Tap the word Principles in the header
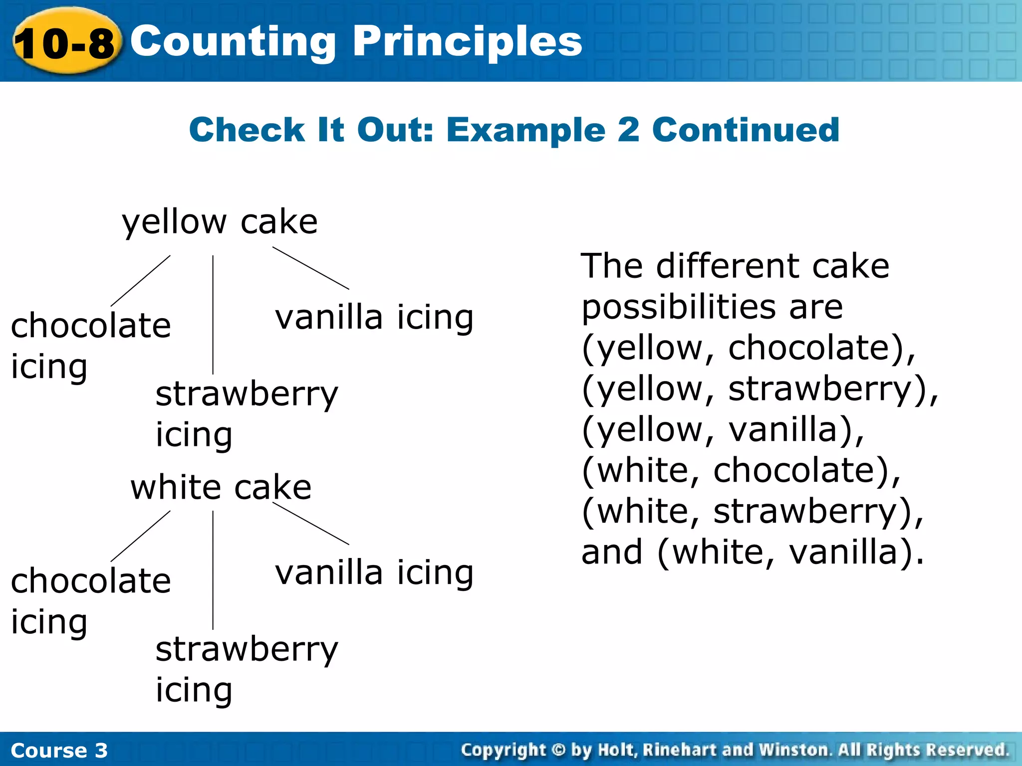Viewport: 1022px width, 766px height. pos(468,42)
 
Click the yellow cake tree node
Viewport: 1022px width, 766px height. pos(220,221)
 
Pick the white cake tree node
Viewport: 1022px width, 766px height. pos(221,487)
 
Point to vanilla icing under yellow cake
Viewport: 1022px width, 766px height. pos(374,318)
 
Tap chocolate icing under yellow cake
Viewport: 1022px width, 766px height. pos(90,345)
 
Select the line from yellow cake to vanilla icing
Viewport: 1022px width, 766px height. pos(310,268)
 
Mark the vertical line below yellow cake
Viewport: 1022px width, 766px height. pos(213,314)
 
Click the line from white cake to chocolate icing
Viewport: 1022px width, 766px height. pos(140,536)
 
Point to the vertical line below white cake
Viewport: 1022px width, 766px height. pos(213,570)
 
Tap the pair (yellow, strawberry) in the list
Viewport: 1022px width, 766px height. pos(759,389)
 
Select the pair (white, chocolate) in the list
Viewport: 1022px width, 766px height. pos(742,470)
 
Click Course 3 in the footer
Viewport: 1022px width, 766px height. pos(59,750)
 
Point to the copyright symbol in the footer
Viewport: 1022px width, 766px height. pos(558,750)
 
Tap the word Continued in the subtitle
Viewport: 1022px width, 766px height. pos(746,130)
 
